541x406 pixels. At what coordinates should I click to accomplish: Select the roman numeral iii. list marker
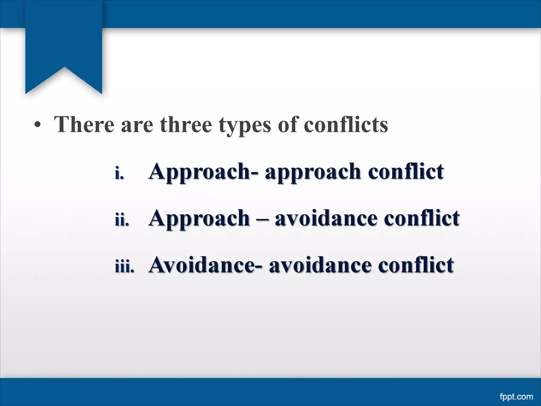pos(124,267)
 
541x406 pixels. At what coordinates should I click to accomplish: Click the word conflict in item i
pos(406,171)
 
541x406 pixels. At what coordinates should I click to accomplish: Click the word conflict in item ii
pos(422,218)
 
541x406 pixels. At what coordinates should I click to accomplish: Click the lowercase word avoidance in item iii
pos(320,265)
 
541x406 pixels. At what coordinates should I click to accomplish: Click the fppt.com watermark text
pos(516,397)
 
